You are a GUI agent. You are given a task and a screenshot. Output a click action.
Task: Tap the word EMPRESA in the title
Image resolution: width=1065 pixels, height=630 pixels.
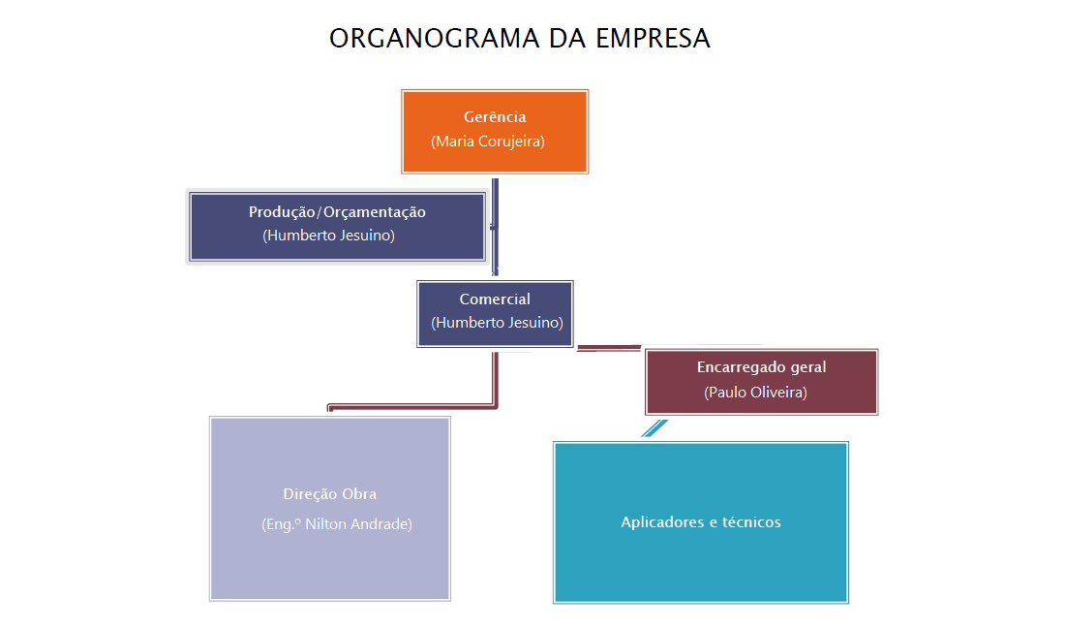pos(653,39)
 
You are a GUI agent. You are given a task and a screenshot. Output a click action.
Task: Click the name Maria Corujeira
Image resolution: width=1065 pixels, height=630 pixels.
pos(488,142)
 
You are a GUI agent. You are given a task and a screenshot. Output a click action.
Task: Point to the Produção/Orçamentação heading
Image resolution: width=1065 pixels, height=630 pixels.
pos(337,212)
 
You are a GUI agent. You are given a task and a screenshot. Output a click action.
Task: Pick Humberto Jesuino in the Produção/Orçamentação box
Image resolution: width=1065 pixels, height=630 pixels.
pos(329,236)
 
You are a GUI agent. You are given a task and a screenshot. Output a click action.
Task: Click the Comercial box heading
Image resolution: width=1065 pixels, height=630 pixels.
pos(495,299)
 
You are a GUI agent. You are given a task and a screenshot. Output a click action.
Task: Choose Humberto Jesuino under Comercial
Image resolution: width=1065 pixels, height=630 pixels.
pos(497,323)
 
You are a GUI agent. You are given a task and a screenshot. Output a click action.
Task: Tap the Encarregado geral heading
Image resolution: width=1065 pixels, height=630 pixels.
pos(761,368)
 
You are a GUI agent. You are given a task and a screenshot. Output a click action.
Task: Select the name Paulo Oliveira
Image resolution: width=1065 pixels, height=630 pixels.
pos(756,393)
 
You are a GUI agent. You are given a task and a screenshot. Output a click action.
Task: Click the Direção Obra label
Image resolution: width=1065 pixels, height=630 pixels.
pos(330,494)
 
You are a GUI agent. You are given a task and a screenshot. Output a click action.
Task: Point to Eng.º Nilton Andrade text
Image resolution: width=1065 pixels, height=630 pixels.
pos(337,524)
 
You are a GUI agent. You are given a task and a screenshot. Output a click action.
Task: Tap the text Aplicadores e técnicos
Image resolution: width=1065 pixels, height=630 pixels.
pos(701,522)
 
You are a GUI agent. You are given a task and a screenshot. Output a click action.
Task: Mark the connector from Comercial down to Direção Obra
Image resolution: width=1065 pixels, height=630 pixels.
pos(496,383)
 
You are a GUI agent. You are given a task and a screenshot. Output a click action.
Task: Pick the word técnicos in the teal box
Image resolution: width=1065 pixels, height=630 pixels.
pos(751,522)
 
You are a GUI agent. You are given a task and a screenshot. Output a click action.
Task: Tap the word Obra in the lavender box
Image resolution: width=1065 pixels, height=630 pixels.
pos(359,494)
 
